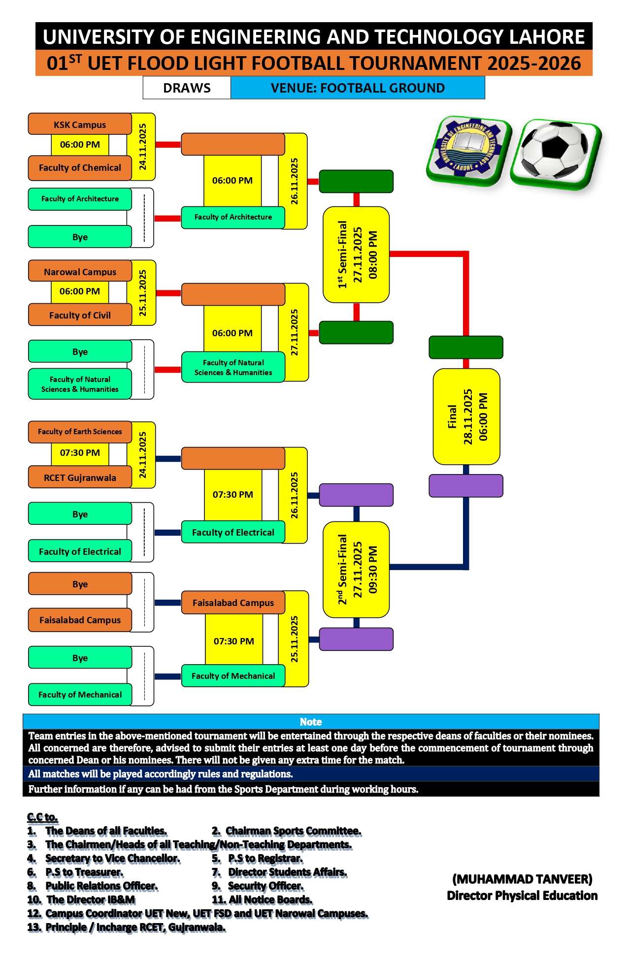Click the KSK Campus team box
(x=80, y=125)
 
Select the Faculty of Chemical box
(x=80, y=168)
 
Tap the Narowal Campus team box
(x=80, y=272)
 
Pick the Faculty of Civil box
(x=80, y=315)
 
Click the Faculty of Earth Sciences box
(x=80, y=432)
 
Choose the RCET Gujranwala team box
(x=80, y=478)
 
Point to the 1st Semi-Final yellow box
(x=356, y=255)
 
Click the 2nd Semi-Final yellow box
(x=356, y=569)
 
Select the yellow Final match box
(x=466, y=416)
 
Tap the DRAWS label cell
(x=187, y=88)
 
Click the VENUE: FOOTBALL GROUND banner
(x=358, y=88)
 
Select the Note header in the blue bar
(x=311, y=722)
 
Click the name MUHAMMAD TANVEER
(x=522, y=879)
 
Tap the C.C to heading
(x=42, y=817)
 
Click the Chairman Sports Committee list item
(x=293, y=831)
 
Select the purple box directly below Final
(x=466, y=486)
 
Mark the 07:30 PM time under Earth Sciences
(x=80, y=453)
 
